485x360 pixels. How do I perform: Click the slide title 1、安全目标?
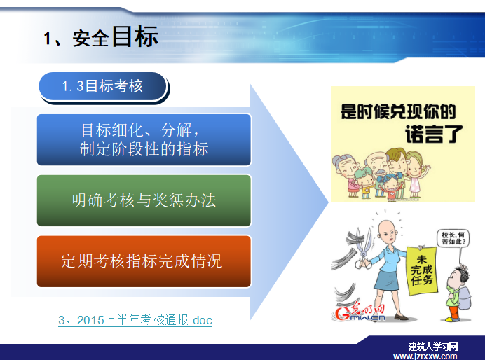(101, 37)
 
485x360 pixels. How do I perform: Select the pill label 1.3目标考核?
(103, 86)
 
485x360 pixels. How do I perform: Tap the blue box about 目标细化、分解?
(144, 139)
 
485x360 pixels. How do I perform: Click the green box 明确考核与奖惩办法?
(144, 200)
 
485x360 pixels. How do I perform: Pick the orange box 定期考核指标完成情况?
(144, 261)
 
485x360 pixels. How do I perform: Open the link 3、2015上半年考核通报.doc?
(135, 320)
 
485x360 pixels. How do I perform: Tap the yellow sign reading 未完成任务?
(422, 270)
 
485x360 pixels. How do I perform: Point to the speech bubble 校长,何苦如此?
(453, 238)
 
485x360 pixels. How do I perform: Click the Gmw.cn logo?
(360, 312)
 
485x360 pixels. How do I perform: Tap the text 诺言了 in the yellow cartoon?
(434, 134)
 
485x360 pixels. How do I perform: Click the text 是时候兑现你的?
(398, 111)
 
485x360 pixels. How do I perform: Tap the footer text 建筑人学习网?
(432, 347)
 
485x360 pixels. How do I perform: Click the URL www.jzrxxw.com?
(425, 356)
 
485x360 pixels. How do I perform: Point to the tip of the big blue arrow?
(329, 202)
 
